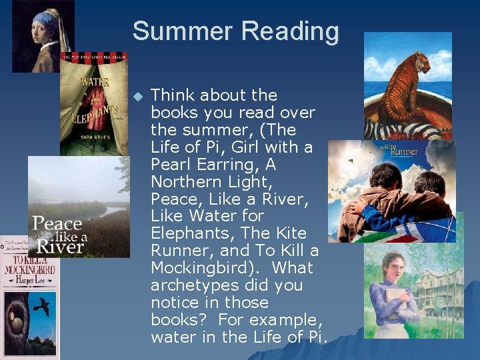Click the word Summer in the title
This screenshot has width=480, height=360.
coord(181,31)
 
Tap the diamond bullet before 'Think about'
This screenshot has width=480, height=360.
coord(139,97)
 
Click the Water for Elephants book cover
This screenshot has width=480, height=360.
coord(93,103)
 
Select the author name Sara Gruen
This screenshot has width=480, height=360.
coord(93,143)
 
